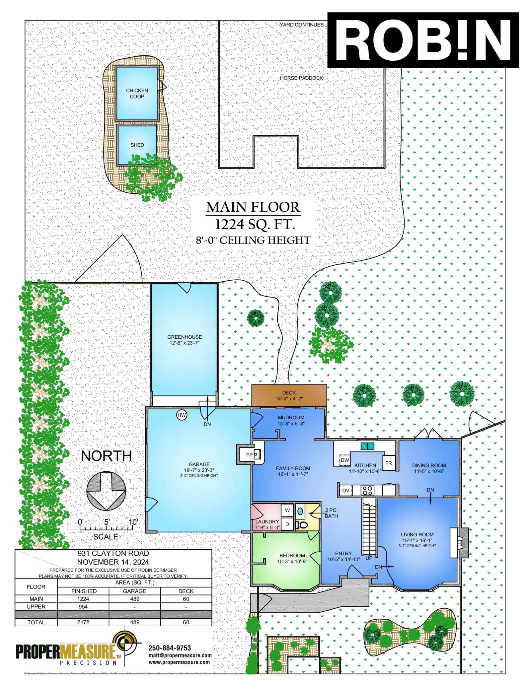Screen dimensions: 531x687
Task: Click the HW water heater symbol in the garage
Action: (182, 415)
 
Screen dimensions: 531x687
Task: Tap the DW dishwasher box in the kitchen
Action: (345, 460)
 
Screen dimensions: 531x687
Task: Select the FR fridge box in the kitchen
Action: (389, 463)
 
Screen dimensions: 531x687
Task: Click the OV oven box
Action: (345, 491)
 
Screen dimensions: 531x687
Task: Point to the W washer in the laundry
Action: (287, 511)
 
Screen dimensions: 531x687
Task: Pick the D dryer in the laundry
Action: (287, 524)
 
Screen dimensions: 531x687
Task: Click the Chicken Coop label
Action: (137, 94)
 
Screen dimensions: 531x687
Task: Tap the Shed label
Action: (137, 145)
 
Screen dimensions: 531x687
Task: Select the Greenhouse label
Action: (185, 337)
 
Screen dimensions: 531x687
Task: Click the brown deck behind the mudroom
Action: (289, 395)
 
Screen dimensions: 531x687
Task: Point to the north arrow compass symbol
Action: (106, 491)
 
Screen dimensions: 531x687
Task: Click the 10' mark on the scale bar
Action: (133, 522)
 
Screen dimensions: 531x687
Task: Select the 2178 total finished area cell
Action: (83, 622)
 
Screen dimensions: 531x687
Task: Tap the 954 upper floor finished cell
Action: (83, 607)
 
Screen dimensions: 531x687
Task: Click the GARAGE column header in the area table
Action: (134, 591)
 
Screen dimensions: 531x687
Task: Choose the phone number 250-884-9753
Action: (170, 648)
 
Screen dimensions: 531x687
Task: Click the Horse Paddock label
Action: (301, 78)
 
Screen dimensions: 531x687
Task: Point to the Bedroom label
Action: (292, 556)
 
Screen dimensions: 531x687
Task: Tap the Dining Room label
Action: (429, 465)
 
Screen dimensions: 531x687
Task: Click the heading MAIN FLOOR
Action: (253, 207)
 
